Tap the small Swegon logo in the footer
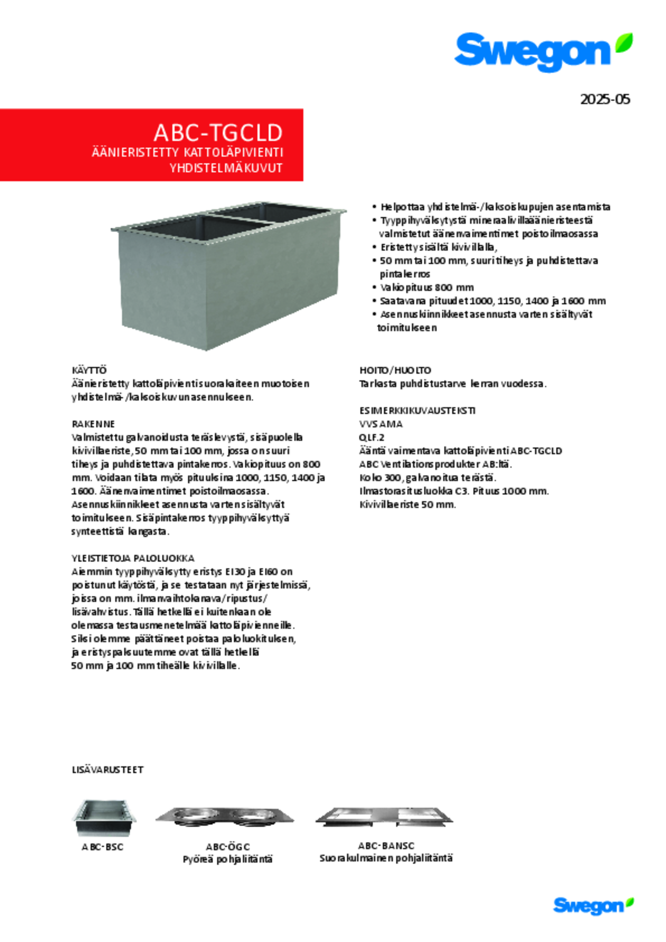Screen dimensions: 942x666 tap(592, 905)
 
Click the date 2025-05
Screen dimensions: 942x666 tap(604, 99)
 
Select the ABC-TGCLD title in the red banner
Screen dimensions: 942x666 tap(218, 133)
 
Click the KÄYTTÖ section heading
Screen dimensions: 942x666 tap(89, 370)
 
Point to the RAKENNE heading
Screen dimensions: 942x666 tap(93, 424)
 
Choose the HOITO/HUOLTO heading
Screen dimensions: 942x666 tap(395, 370)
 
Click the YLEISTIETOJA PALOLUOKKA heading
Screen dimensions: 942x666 tap(133, 558)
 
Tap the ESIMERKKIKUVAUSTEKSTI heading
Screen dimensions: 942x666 tap(417, 410)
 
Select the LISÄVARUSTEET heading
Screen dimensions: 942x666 tap(107, 769)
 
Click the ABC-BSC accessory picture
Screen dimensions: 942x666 tap(104, 818)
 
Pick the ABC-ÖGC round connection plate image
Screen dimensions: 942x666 tap(225, 817)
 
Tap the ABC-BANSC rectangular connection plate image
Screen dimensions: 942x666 tap(384, 817)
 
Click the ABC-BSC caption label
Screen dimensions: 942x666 tap(102, 846)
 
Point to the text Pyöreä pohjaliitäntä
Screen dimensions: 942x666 tap(227, 859)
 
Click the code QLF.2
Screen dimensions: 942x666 tap(372, 437)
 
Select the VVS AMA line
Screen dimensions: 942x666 tap(381, 424)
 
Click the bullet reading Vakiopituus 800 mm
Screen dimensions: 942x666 tap(427, 288)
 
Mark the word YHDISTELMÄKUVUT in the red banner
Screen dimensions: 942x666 tap(226, 168)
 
